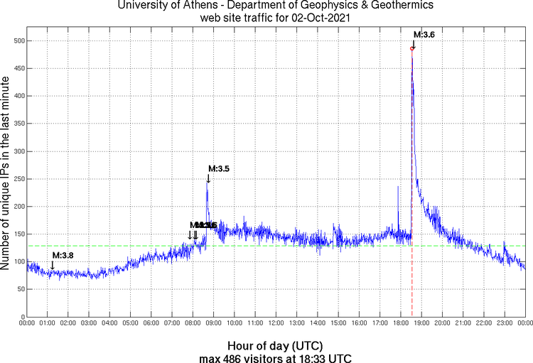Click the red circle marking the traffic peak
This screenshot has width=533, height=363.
coord(412,48)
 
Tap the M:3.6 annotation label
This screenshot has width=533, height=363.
coord(424,34)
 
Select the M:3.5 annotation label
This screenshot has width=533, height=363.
coord(219,168)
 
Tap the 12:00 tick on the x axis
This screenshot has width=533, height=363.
coord(276,323)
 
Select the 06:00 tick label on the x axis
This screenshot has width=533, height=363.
coord(151,323)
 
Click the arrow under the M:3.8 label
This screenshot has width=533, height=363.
coord(52,266)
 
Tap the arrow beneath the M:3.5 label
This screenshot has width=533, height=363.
coord(208,178)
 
